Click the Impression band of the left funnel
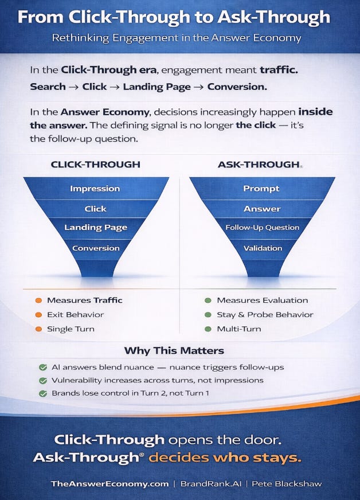click(96, 189)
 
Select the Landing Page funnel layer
click(96, 228)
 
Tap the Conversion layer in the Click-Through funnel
click(96, 248)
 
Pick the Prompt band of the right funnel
click(262, 189)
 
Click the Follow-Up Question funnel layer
click(263, 228)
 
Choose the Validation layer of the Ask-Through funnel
click(263, 248)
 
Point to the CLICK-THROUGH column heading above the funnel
click(96, 165)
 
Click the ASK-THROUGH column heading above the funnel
click(259, 165)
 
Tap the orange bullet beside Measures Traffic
click(38, 300)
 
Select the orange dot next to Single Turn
click(38, 329)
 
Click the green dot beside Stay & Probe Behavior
click(208, 315)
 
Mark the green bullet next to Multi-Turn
click(208, 329)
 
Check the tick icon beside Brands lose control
click(43, 393)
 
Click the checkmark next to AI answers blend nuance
click(43, 368)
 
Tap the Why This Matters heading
click(174, 351)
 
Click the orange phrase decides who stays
click(225, 458)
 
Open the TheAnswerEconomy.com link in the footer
click(109, 484)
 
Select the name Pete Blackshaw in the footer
click(287, 484)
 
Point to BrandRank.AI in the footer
click(211, 484)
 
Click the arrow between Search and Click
click(74, 87)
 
